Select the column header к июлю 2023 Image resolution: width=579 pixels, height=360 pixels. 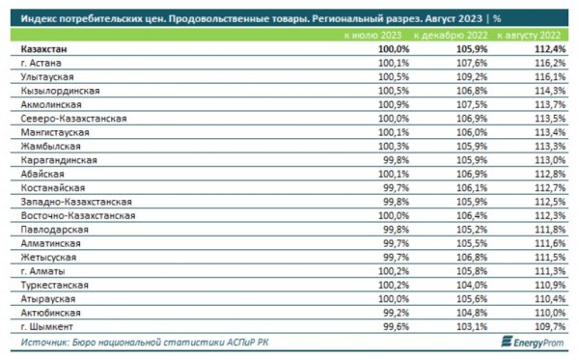click(x=370, y=35)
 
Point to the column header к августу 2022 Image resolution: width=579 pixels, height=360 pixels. click(x=529, y=35)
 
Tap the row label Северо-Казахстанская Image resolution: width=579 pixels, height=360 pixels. click(x=74, y=117)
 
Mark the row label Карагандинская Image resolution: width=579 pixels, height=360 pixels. click(x=59, y=159)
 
